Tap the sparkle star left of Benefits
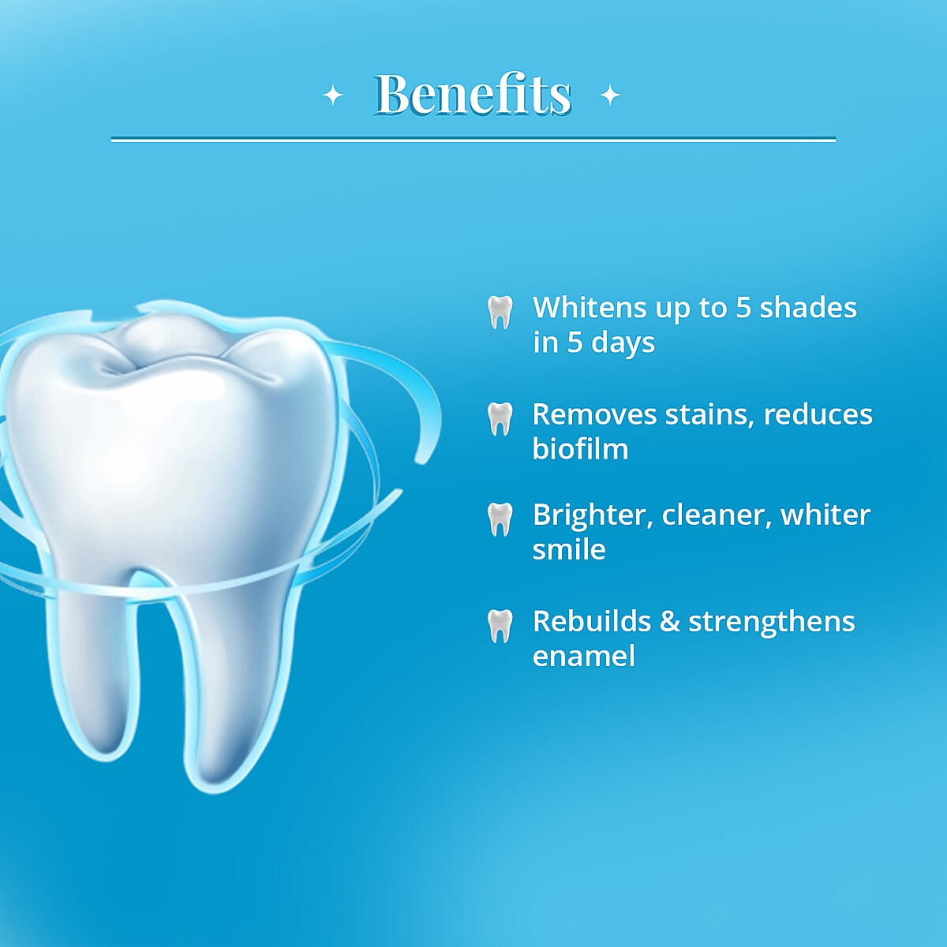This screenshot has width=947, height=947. click(x=334, y=95)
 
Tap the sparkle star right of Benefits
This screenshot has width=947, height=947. click(x=610, y=95)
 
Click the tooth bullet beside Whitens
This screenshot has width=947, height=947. click(x=500, y=312)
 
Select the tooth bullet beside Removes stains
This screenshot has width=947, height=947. click(x=500, y=418)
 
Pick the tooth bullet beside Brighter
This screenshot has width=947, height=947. click(x=500, y=518)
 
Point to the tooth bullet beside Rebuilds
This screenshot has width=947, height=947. click(x=500, y=626)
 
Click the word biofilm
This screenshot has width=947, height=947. click(x=580, y=448)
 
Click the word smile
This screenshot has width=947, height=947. click(x=568, y=549)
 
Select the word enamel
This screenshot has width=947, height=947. click(x=583, y=656)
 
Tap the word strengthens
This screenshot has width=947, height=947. click(x=771, y=622)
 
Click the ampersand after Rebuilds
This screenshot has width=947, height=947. click(x=669, y=621)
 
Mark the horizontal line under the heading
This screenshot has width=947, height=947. click(x=473, y=140)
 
